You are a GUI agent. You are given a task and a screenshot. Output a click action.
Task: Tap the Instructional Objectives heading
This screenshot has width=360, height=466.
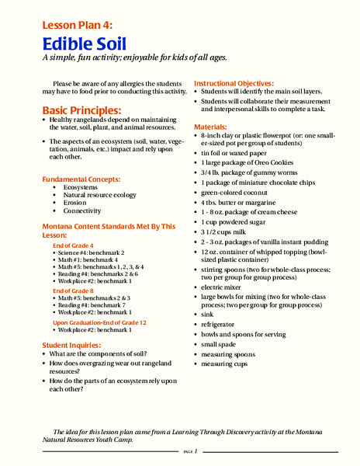234,83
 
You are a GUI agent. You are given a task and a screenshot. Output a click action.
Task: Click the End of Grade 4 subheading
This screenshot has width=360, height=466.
73,245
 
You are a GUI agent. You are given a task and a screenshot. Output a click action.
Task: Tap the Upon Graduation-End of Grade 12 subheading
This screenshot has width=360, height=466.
99,322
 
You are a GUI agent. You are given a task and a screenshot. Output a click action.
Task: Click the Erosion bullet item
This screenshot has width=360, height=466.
74,203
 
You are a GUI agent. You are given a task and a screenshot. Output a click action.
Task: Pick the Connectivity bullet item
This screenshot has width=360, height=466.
82,210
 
